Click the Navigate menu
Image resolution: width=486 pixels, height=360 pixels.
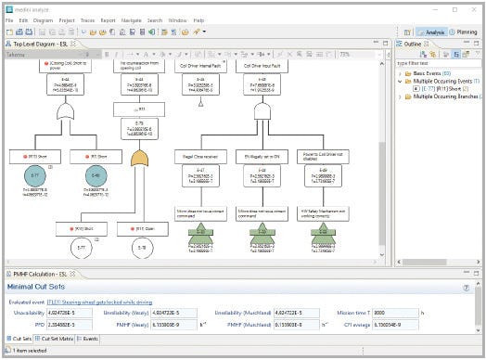tap(130, 19)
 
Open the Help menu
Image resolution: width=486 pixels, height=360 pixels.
tap(198, 19)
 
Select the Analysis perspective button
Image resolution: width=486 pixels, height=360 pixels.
tap(430, 32)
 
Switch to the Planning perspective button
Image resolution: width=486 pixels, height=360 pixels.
tap(465, 32)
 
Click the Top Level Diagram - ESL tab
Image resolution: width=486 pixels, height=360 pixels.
tap(43, 44)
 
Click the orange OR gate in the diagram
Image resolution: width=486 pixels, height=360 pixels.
tap(139, 161)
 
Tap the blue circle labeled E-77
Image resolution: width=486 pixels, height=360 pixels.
tap(35, 176)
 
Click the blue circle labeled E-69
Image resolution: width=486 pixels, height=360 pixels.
tap(96, 176)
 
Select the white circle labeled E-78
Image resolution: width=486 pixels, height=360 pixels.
tap(142, 248)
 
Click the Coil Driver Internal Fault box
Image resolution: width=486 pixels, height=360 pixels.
tap(201, 67)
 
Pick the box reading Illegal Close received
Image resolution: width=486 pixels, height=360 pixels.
tap(202, 158)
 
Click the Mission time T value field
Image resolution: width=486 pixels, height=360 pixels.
tap(393, 313)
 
